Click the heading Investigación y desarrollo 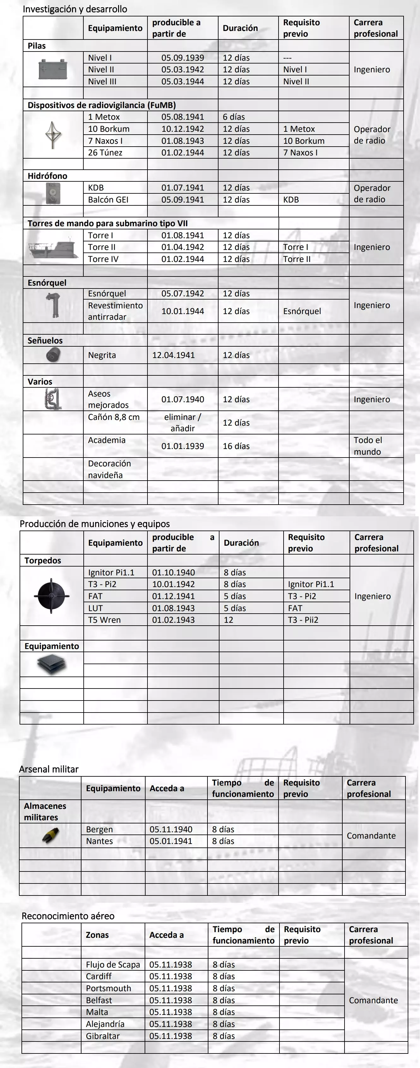pos(75,9)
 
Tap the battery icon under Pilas pos(53,69)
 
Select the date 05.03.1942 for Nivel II pos(183,70)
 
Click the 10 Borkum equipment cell pos(109,129)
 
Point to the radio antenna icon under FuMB pos(53,134)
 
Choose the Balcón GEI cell pos(108,199)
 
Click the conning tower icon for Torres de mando pos(53,247)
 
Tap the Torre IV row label pos(103,259)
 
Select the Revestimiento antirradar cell pos(115,311)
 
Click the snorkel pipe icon pos(53,305)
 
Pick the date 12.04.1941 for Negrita pos(174,355)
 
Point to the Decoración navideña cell pos(109,469)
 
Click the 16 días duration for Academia pos(237,446)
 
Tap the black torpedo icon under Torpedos pos(51,596)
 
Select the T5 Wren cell pos(105,620)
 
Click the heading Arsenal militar pos(49,769)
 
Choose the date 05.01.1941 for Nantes pos(171,841)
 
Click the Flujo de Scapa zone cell pos(113,965)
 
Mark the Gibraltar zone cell pos(103,1036)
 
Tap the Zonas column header pos(97,935)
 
